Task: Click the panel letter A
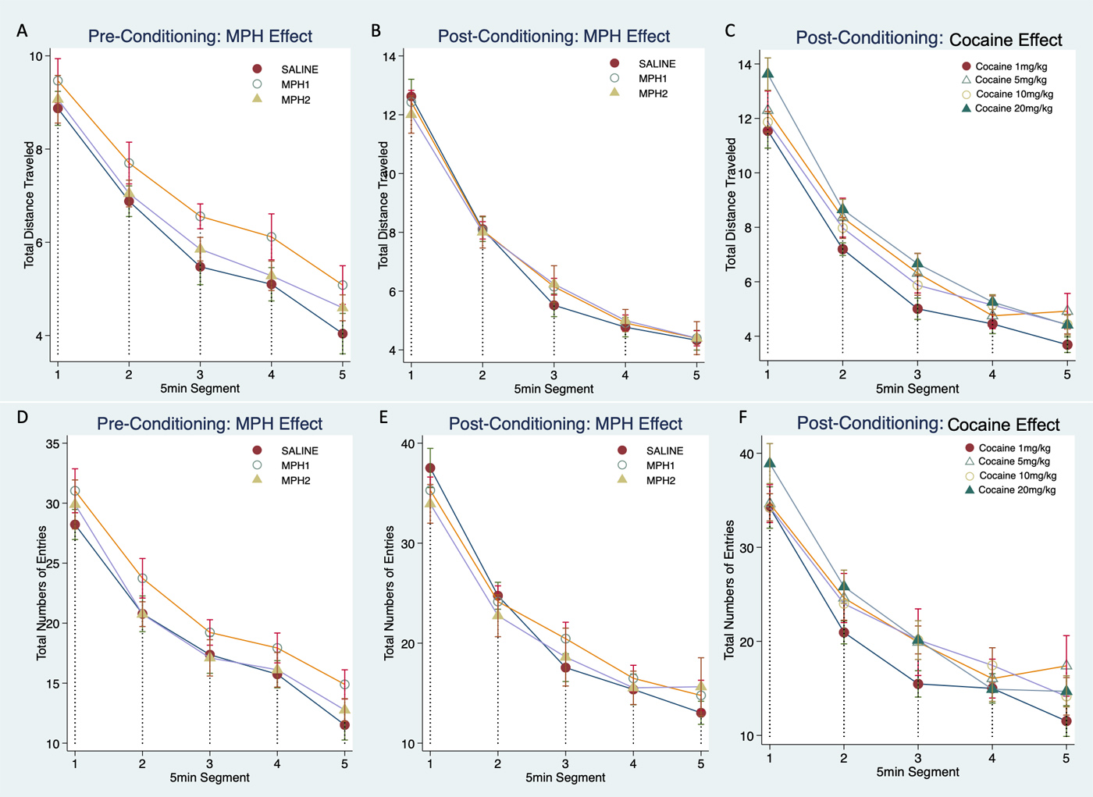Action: (23, 30)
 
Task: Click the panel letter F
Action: (742, 418)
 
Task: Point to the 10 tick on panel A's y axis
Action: (36, 56)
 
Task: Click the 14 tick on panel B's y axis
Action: (388, 56)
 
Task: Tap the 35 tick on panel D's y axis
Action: (53, 444)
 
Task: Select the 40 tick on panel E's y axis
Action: (408, 444)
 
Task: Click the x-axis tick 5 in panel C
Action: (1067, 375)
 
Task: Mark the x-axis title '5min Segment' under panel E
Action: (565, 777)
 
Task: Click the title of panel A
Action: (200, 36)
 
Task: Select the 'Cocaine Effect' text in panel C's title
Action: (1006, 40)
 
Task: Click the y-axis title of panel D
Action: (41, 592)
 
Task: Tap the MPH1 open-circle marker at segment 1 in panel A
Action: (58, 81)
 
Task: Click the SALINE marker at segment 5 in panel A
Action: (343, 333)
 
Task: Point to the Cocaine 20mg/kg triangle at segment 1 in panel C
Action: (768, 73)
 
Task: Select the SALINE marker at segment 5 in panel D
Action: (344, 725)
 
